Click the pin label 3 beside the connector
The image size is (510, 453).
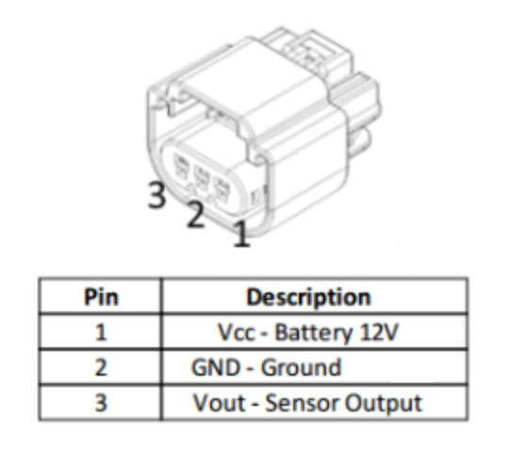coord(156,194)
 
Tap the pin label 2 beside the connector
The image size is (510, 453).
coord(195,214)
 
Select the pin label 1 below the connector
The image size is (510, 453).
coord(241,233)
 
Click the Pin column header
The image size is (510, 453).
coord(101,297)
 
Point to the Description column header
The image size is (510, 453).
coord(308,297)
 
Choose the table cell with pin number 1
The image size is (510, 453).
coord(101,332)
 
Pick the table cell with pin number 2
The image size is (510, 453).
coord(101,367)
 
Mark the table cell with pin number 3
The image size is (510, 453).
coord(101,403)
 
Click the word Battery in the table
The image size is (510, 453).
coord(313,333)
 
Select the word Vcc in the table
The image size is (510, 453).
coord(237,333)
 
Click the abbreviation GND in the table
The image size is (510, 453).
coord(216,367)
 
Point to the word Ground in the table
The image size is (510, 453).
coord(301,367)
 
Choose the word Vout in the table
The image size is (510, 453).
coord(220,403)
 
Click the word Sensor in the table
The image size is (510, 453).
coord(303,403)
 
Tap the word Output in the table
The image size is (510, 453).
coord(384,403)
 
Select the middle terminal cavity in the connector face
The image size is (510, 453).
coord(201,177)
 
